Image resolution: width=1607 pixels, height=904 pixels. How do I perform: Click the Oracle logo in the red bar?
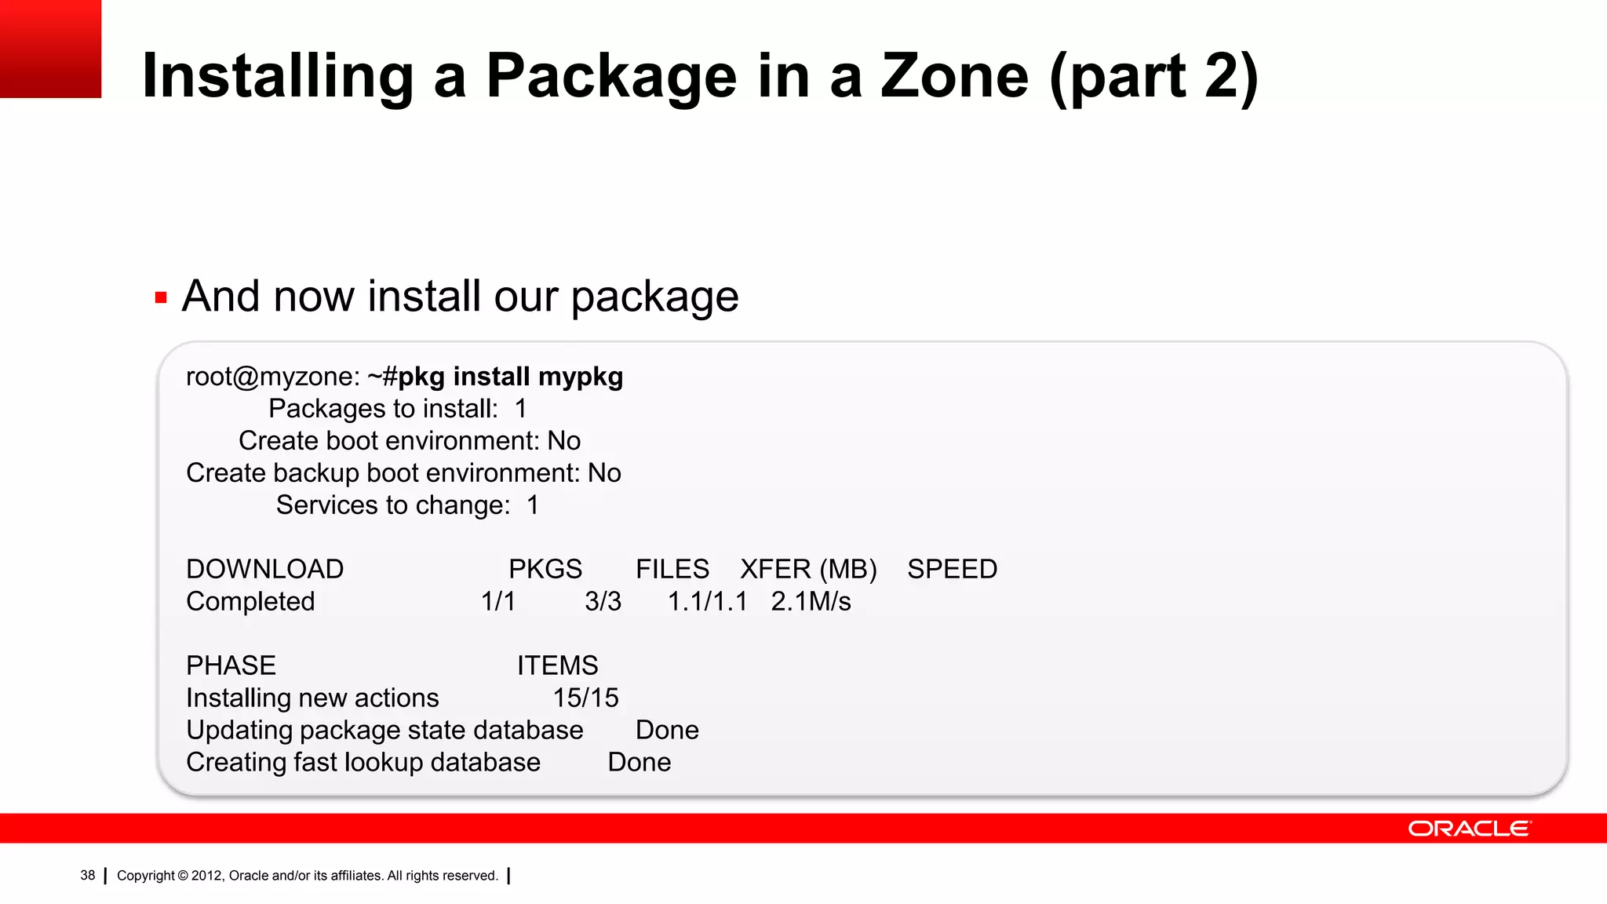click(x=1469, y=829)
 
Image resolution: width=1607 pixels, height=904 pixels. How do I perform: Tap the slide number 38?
click(x=87, y=875)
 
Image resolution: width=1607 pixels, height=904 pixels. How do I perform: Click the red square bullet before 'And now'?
click(x=161, y=297)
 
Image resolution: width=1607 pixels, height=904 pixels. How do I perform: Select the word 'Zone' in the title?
click(x=954, y=76)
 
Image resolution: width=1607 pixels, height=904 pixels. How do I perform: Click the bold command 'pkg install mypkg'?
click(x=510, y=377)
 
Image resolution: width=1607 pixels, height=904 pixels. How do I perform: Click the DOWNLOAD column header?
click(x=264, y=569)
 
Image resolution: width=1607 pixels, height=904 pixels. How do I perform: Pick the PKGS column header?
click(x=545, y=569)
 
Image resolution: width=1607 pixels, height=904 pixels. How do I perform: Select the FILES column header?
click(x=672, y=569)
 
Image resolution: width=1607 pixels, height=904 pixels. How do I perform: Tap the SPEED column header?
click(x=952, y=569)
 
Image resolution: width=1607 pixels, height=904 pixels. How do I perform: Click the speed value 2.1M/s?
click(x=811, y=601)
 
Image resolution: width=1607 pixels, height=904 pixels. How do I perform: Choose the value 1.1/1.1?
click(x=707, y=601)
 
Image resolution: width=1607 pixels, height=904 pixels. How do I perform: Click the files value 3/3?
click(x=603, y=601)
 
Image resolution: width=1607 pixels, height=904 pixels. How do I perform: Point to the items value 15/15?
click(x=585, y=698)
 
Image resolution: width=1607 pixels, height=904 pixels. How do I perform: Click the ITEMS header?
click(x=557, y=665)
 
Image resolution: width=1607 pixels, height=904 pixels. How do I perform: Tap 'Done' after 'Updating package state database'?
click(x=667, y=730)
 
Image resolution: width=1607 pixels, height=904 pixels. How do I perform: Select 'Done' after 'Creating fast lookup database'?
click(x=639, y=762)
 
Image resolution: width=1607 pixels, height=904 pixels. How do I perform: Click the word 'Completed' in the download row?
click(x=250, y=601)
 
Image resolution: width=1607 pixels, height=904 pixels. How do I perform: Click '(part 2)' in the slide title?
click(x=1153, y=76)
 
